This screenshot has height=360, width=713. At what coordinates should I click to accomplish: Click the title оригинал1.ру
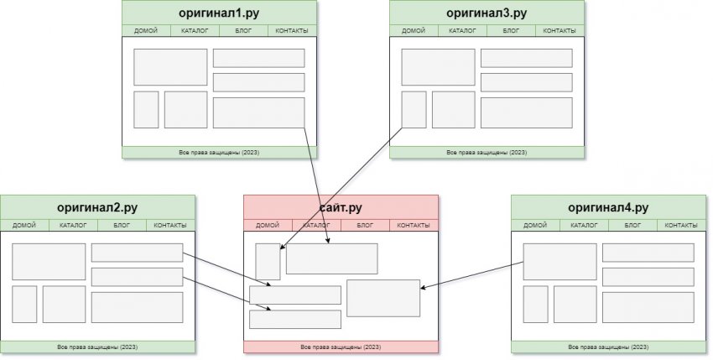point(219,13)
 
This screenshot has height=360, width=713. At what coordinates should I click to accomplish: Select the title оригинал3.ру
point(487,13)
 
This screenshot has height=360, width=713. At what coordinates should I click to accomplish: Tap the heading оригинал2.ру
point(97,207)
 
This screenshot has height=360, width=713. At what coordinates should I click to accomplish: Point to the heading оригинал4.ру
point(608,207)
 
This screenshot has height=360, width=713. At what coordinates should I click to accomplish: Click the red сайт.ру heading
point(341,207)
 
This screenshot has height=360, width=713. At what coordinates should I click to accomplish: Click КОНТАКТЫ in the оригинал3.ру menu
point(559,31)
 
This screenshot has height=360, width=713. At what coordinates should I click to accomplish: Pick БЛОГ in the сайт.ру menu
point(365,226)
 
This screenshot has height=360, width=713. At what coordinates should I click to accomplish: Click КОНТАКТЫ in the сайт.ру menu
point(414,226)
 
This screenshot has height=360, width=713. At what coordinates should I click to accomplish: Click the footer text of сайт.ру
point(341,347)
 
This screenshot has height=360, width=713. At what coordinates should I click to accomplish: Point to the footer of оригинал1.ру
point(219,153)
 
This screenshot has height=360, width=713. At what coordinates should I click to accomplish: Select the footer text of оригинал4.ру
point(608,347)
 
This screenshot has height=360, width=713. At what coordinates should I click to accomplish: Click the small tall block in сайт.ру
point(268,261)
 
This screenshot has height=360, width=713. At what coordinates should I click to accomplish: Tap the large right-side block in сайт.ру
point(383,298)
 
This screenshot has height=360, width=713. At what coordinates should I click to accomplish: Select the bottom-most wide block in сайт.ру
point(295,320)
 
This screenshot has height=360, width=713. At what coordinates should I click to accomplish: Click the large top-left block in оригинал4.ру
point(559,261)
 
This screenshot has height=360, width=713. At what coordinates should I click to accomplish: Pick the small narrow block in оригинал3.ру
point(414,110)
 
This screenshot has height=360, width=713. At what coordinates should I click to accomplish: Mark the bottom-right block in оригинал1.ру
point(258,112)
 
